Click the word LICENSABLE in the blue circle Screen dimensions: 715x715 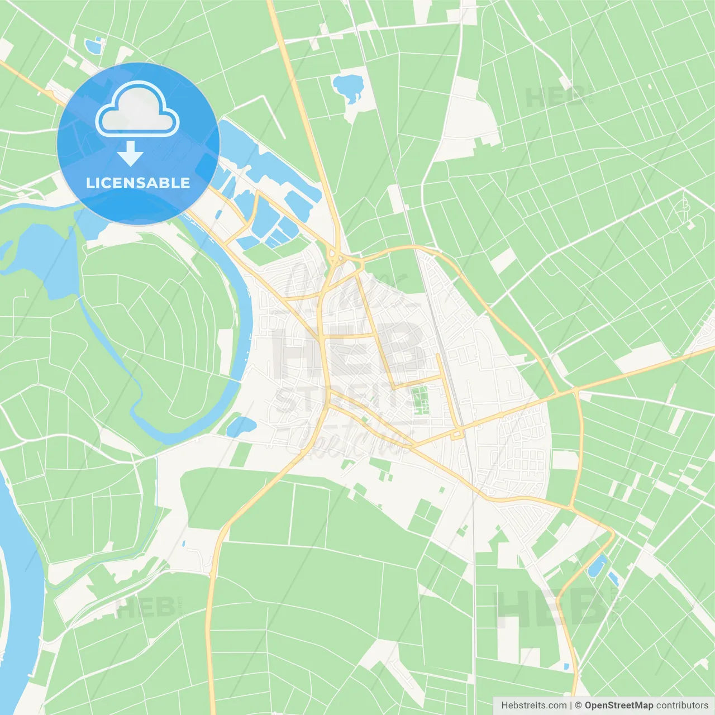tap(138, 183)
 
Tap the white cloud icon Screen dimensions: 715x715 tap(137, 110)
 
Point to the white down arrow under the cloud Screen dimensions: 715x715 tap(131, 154)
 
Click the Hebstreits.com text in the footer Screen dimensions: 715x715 tap(533, 706)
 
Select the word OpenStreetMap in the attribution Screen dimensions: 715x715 tap(619, 706)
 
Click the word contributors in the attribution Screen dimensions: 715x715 tap(682, 706)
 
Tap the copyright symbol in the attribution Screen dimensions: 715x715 tap(579, 706)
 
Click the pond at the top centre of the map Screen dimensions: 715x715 tap(348, 87)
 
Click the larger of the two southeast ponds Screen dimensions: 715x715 tap(597, 566)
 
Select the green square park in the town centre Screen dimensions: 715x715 tap(419, 399)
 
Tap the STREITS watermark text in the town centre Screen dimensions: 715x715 tap(341, 399)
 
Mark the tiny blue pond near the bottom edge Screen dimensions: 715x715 tap(566, 666)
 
